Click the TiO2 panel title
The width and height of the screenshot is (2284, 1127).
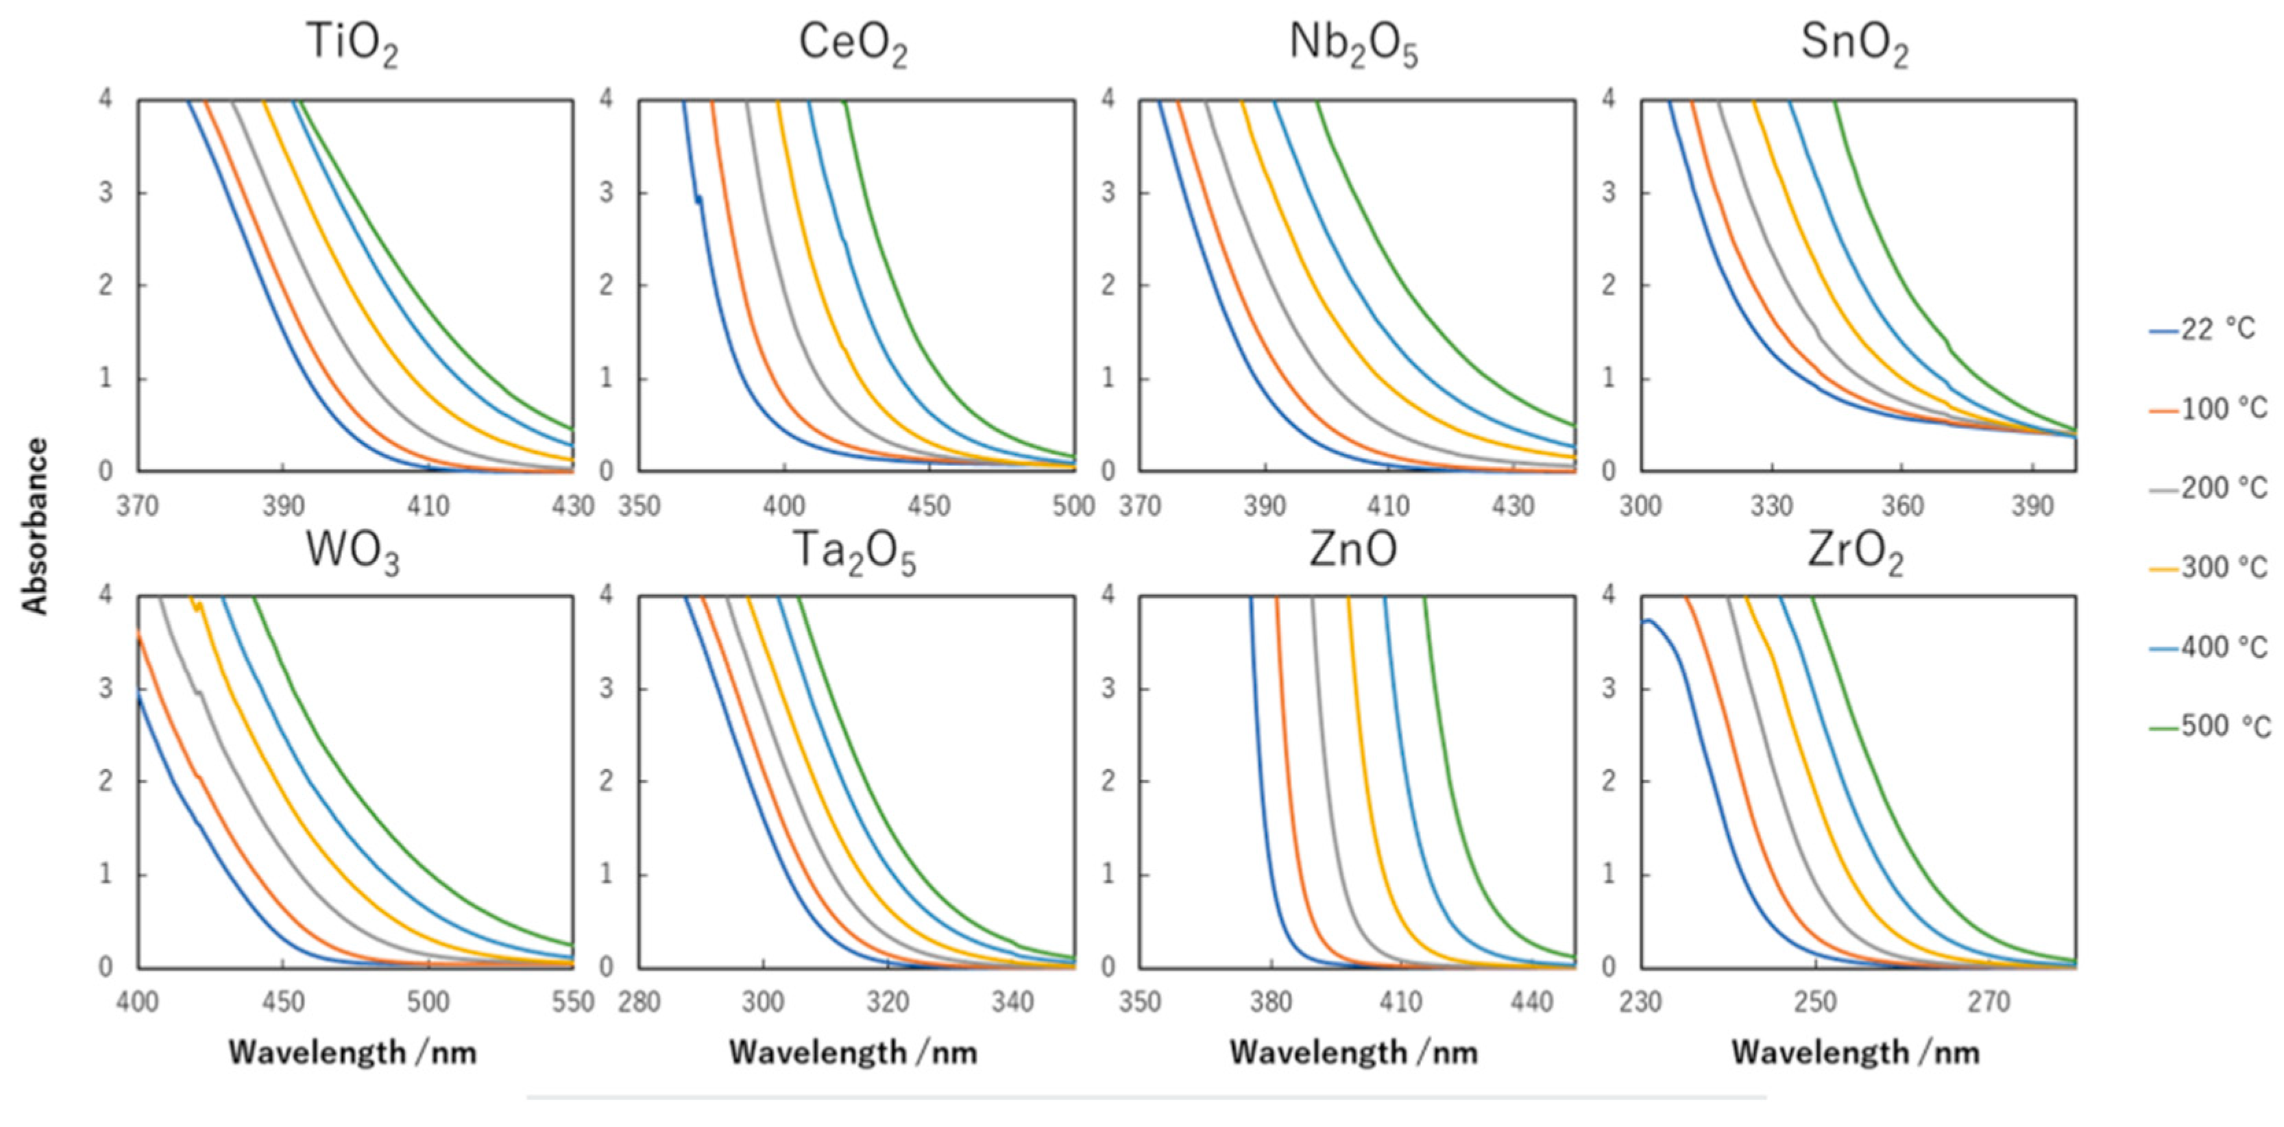pos(352,43)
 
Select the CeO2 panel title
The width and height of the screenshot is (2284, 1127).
pos(852,43)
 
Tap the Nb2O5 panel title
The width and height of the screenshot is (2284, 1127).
pos(1353,43)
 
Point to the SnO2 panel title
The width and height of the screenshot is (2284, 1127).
pos(1854,43)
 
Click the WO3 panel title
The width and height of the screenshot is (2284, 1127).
pos(352,552)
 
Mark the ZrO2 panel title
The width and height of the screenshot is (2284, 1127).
pos(1855,552)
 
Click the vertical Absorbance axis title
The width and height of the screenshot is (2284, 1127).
pos(36,526)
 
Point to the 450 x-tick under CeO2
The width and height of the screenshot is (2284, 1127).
pos(930,507)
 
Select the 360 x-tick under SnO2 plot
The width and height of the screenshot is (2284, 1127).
pos(1903,507)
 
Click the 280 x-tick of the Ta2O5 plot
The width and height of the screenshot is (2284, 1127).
pos(640,1002)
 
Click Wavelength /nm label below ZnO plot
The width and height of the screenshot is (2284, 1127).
pos(1353,1052)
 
